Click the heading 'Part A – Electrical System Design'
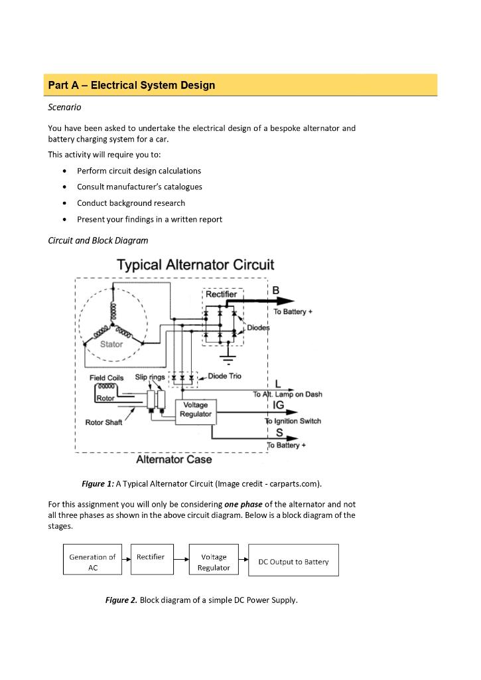(131, 86)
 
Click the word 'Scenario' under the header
(64, 107)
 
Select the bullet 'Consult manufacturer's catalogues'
(139, 187)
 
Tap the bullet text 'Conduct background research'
(131, 203)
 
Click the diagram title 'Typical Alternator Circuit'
(195, 265)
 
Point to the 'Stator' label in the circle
(111, 344)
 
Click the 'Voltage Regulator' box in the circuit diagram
(195, 410)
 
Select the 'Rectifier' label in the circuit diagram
(221, 294)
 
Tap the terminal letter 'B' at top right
(276, 290)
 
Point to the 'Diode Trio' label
(225, 377)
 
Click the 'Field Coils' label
(106, 378)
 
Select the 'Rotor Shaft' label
(103, 422)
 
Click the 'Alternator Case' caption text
(174, 460)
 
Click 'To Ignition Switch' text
(293, 421)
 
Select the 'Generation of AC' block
(92, 562)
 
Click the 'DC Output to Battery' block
(293, 562)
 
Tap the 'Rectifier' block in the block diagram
(151, 557)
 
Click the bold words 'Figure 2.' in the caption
(121, 600)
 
